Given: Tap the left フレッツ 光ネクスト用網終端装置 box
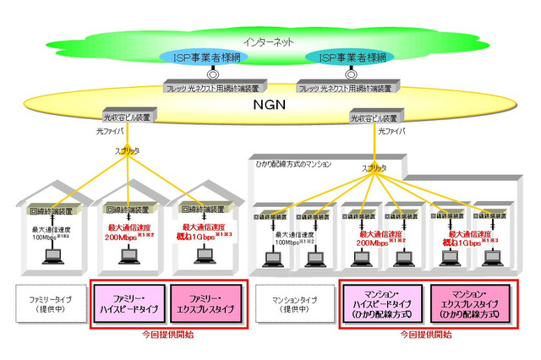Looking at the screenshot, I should point(216,86).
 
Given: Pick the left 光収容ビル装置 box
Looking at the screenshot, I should point(126,117).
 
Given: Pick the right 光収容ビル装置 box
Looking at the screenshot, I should point(374,117).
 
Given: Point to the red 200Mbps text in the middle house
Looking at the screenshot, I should point(127,238).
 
